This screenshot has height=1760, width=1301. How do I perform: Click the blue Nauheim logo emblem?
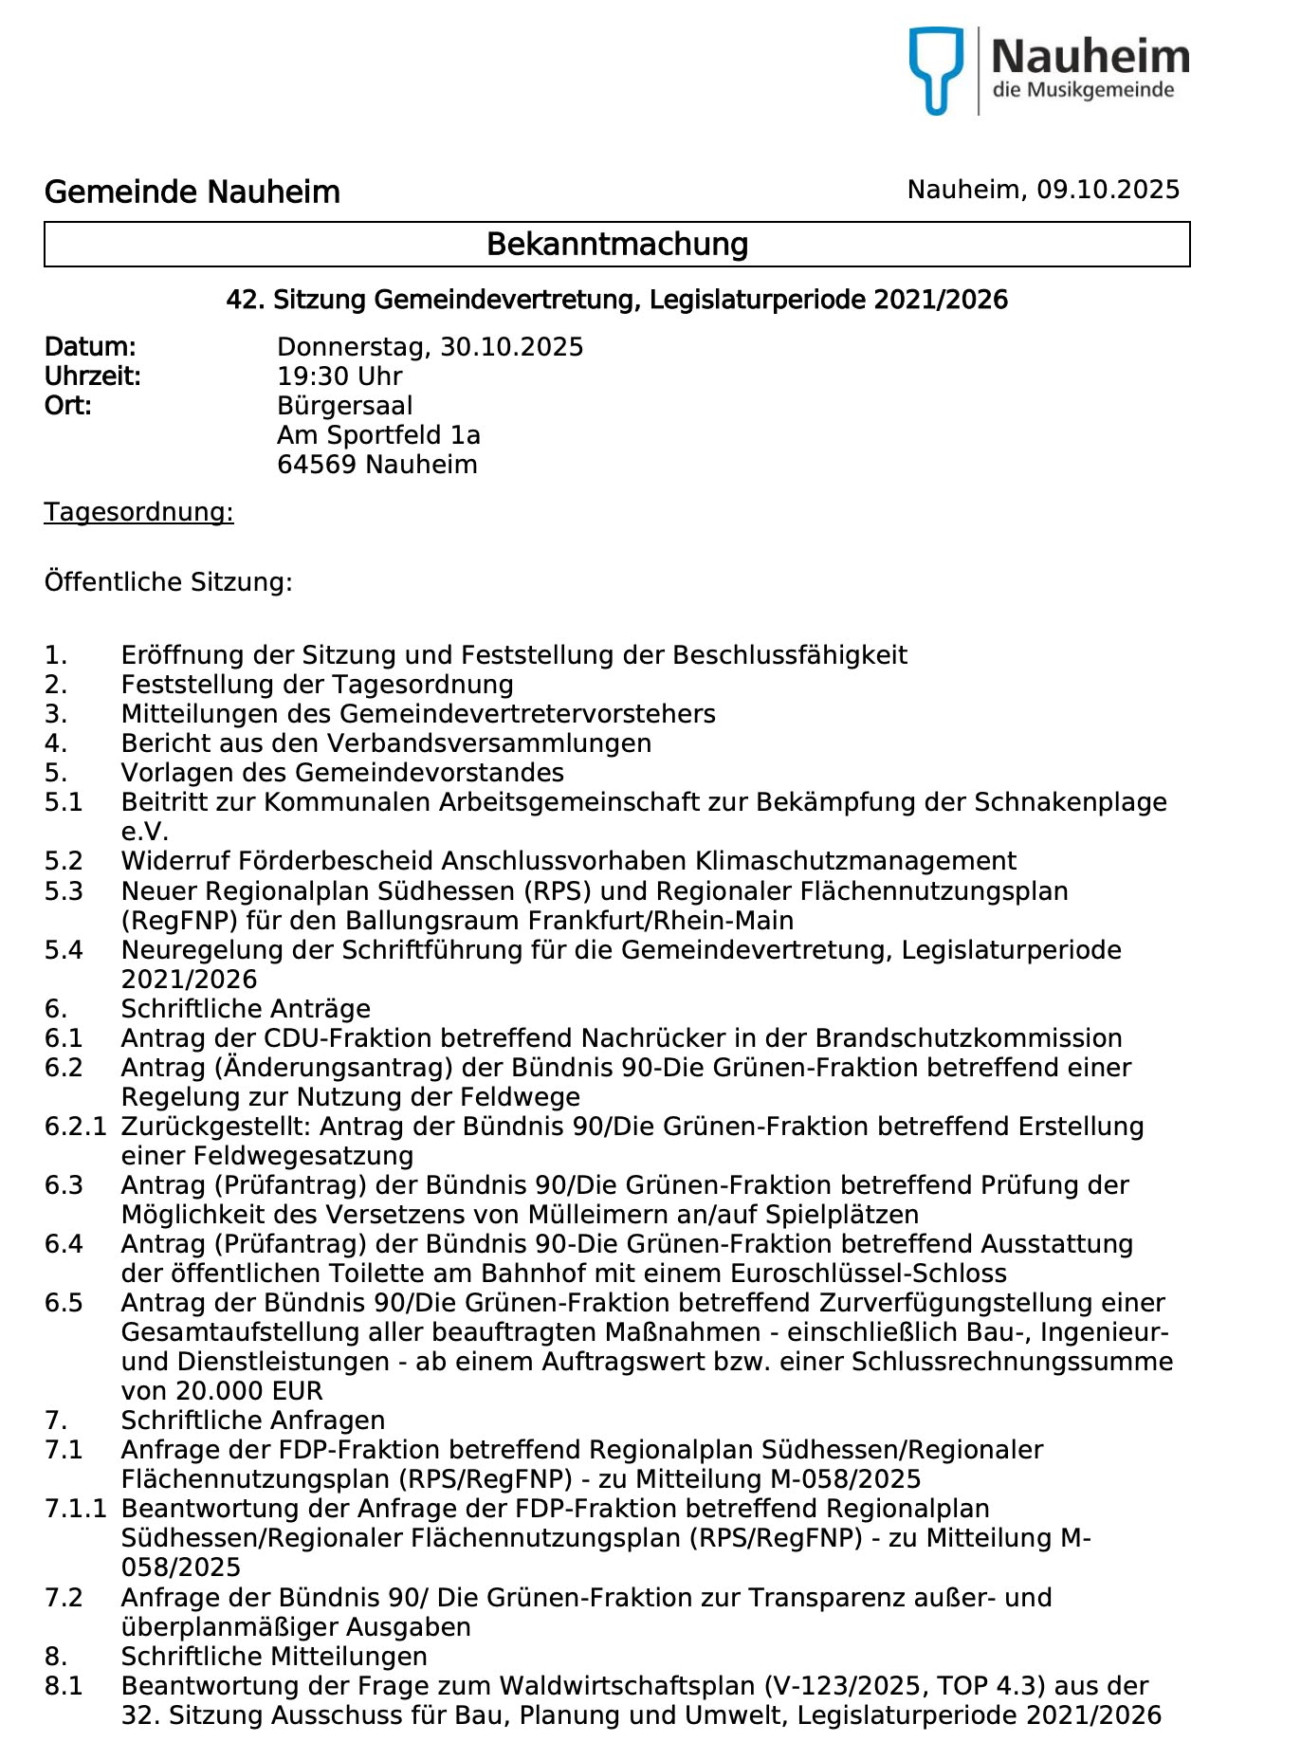pyautogui.click(x=936, y=68)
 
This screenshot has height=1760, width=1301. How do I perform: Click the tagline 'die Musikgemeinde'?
pyautogui.click(x=1083, y=91)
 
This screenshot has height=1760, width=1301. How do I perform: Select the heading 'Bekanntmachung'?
pyautogui.click(x=617, y=245)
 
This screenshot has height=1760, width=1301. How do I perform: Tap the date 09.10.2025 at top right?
pyautogui.click(x=1108, y=190)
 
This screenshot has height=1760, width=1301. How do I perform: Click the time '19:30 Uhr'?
pyautogui.click(x=339, y=376)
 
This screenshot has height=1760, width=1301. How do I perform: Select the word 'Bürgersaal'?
pyautogui.click(x=345, y=406)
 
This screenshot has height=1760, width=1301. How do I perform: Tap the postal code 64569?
pyautogui.click(x=317, y=465)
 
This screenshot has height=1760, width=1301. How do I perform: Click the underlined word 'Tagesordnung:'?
pyautogui.click(x=138, y=512)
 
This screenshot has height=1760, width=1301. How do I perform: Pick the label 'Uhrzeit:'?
pyautogui.click(x=92, y=376)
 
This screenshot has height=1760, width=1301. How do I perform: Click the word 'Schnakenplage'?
pyautogui.click(x=1071, y=802)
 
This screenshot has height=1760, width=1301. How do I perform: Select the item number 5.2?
pyautogui.click(x=64, y=861)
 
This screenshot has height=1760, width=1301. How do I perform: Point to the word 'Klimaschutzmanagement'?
pyautogui.click(x=855, y=861)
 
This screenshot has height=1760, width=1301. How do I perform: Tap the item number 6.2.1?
pyautogui.click(x=75, y=1127)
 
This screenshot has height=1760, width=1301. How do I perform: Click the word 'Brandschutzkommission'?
pyautogui.click(x=968, y=1038)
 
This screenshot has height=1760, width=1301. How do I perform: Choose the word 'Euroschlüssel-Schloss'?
pyautogui.click(x=869, y=1274)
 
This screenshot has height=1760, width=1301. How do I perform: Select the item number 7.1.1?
pyautogui.click(x=75, y=1509)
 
